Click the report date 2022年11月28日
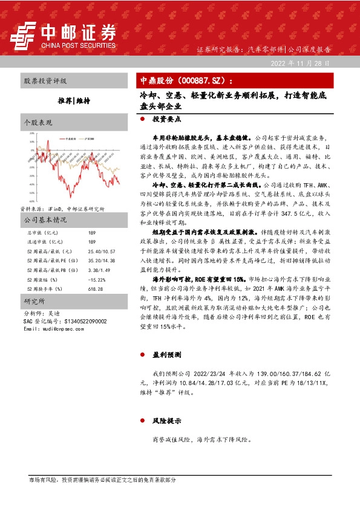[306, 63]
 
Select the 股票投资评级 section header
[45, 80]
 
